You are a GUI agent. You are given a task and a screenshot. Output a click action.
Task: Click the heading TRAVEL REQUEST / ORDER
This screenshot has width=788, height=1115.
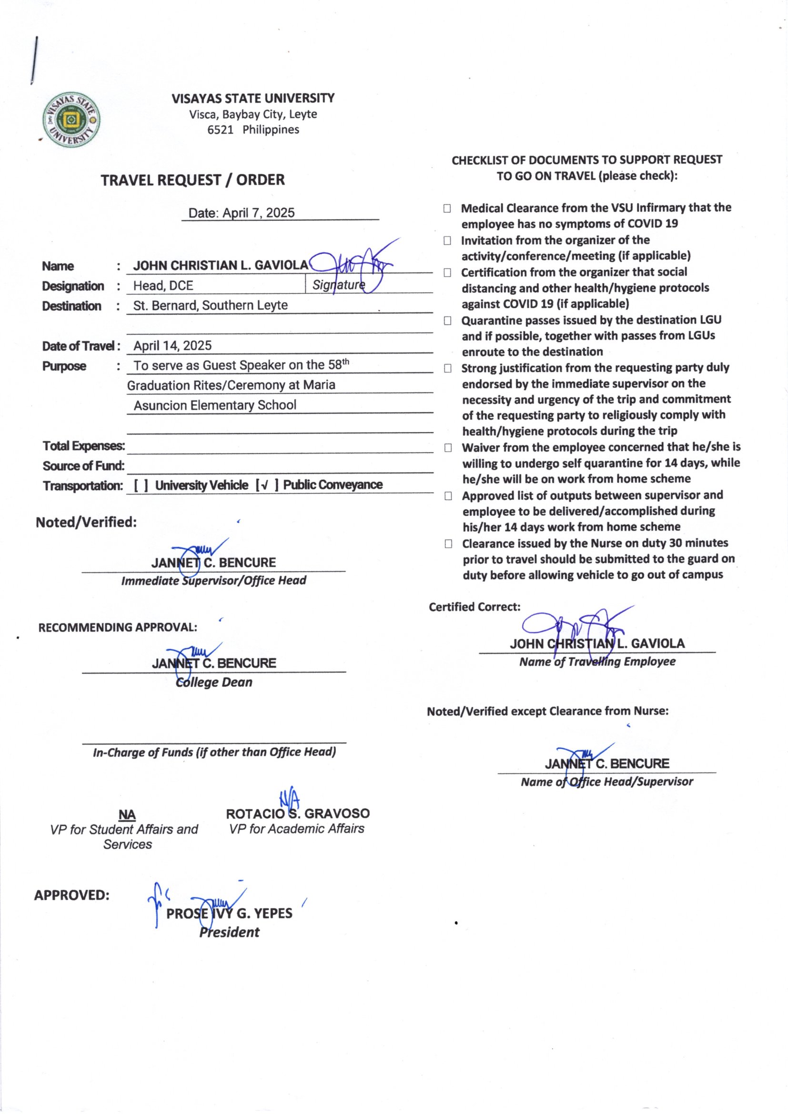click(192, 180)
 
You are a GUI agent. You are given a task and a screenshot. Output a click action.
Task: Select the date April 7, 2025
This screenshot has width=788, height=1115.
click(258, 213)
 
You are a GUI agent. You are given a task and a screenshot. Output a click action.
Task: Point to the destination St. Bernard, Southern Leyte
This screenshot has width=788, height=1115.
click(210, 306)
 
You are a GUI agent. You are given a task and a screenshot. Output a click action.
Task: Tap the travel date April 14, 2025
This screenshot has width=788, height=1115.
click(172, 346)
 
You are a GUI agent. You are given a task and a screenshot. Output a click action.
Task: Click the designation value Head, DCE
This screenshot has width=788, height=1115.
click(163, 286)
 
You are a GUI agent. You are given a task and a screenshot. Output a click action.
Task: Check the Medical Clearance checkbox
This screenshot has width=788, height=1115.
click(447, 208)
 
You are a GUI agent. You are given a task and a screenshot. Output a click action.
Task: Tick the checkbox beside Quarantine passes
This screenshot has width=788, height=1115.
click(447, 320)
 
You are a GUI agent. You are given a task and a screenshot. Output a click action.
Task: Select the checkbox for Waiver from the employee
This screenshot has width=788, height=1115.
click(448, 448)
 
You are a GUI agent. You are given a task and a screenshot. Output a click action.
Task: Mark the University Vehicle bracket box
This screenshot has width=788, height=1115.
click(141, 485)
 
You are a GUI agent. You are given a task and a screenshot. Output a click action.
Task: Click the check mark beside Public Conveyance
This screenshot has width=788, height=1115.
click(264, 485)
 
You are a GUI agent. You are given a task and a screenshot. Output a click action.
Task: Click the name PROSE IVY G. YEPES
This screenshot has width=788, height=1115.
click(229, 913)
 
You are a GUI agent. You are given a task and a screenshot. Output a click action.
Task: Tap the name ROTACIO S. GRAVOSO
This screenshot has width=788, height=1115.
click(297, 814)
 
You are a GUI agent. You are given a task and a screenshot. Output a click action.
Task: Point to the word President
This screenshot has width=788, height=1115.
click(229, 932)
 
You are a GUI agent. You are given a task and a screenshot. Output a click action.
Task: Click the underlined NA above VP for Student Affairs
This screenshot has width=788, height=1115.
click(127, 815)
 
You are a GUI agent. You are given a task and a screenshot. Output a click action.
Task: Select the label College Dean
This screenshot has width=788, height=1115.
click(214, 682)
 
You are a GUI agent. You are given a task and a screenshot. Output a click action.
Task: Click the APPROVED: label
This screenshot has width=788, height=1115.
click(72, 895)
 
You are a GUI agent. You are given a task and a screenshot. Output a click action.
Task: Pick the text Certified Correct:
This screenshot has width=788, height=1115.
click(474, 607)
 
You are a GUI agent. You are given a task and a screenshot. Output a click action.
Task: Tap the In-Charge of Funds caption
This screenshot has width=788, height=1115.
click(214, 752)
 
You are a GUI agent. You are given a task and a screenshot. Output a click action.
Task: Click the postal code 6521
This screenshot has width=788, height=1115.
click(220, 130)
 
